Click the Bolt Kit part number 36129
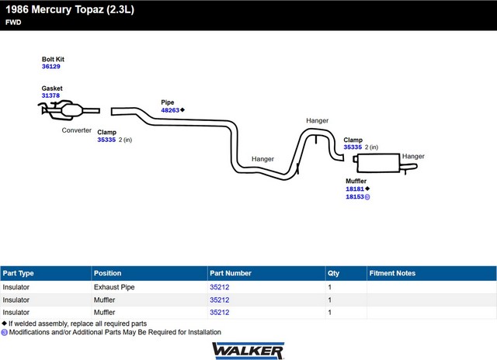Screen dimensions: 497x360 pos(51,67)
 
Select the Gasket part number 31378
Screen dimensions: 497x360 pos(50,95)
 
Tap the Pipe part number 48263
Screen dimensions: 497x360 pos(170,110)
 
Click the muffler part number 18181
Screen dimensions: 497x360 pos(355,189)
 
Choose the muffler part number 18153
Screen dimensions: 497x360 pos(355,197)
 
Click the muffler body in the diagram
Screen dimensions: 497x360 pos(378,163)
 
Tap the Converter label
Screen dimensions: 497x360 pos(77,130)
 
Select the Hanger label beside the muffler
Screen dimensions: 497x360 pos(413,156)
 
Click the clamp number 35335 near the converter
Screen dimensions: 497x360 pos(106,140)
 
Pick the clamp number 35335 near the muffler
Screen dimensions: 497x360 pos(353,147)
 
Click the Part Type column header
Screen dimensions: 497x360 pos(18,273)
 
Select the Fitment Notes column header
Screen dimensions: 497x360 pos(392,273)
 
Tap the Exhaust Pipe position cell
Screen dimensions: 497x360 pos(114,287)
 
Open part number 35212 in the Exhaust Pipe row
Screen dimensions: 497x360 pos(219,287)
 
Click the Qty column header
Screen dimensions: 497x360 pos(333,273)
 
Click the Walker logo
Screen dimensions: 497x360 pos(248,351)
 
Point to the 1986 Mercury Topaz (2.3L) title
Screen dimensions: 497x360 pos(70,10)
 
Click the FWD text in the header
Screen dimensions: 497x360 pos(13,22)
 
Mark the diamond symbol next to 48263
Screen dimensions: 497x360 pos(182,110)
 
